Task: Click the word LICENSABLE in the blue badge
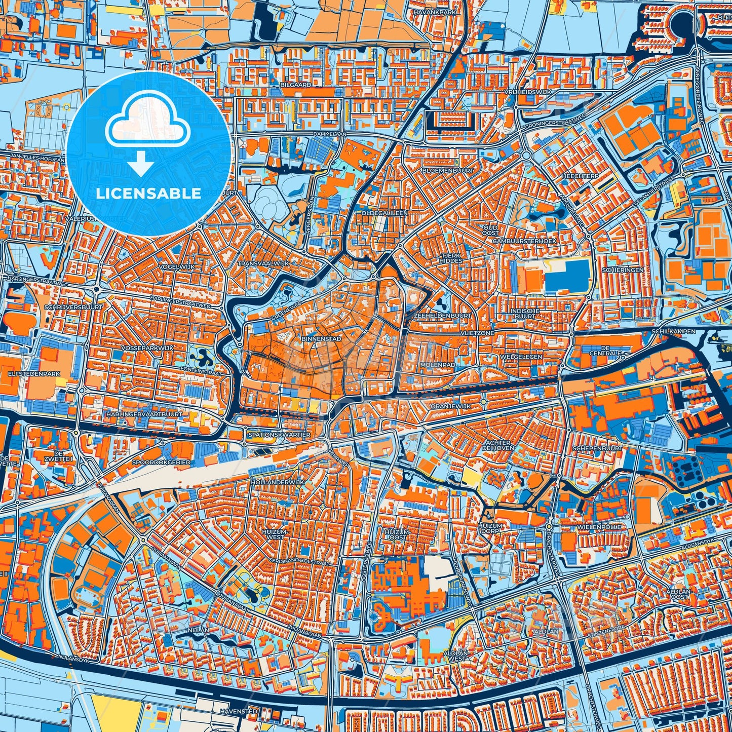tap(148, 194)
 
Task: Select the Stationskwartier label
tap(279, 435)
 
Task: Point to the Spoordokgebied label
tap(161, 463)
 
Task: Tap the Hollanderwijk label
tap(278, 482)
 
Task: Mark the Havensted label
tap(239, 711)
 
